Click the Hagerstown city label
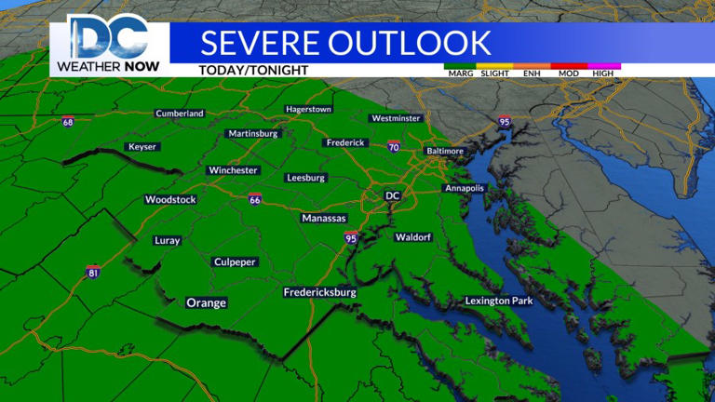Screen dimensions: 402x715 (309, 109)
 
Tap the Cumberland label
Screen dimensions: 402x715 (179, 114)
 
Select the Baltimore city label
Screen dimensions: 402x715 (444, 151)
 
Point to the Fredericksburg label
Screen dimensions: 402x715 (320, 292)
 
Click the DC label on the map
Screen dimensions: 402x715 (392, 195)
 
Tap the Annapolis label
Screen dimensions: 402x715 (465, 188)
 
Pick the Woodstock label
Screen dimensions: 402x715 (170, 200)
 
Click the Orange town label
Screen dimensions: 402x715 (206, 302)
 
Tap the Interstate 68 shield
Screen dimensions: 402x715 (68, 121)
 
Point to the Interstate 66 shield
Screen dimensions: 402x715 (254, 198)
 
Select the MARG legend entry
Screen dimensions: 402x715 (459, 73)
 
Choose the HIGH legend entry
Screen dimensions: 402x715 (603, 73)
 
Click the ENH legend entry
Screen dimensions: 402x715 (532, 73)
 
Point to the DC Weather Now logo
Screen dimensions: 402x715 (108, 44)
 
